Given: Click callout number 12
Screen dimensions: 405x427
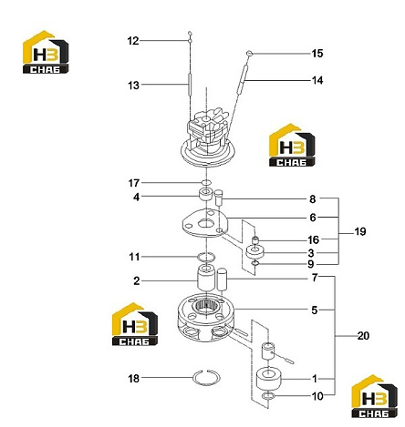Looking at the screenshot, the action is (x=133, y=41).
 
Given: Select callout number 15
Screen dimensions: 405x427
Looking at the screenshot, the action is (x=317, y=54).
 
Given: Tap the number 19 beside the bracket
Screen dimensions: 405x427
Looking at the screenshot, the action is (x=360, y=231).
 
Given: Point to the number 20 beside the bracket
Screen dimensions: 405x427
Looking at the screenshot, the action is (x=363, y=336).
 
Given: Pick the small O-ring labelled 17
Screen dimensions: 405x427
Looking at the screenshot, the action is (x=206, y=182).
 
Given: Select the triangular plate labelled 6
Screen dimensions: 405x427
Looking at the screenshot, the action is (x=204, y=224).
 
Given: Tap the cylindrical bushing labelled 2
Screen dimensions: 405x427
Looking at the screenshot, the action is (x=206, y=278).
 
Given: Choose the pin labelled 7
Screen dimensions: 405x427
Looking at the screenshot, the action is (x=223, y=280).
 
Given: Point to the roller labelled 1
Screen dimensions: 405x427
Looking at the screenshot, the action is (x=269, y=379).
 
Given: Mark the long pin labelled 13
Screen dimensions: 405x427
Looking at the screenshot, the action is (x=189, y=84).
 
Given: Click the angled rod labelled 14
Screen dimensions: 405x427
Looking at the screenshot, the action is (x=242, y=79).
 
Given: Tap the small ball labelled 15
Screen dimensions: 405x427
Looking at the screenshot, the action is (x=249, y=54).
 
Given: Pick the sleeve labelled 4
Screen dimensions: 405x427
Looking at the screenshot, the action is (x=205, y=194).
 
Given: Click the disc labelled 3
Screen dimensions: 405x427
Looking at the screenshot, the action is (x=254, y=251).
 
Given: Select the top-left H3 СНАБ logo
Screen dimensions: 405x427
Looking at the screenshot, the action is (x=46, y=52).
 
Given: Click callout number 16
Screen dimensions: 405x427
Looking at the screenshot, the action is (x=314, y=239).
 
